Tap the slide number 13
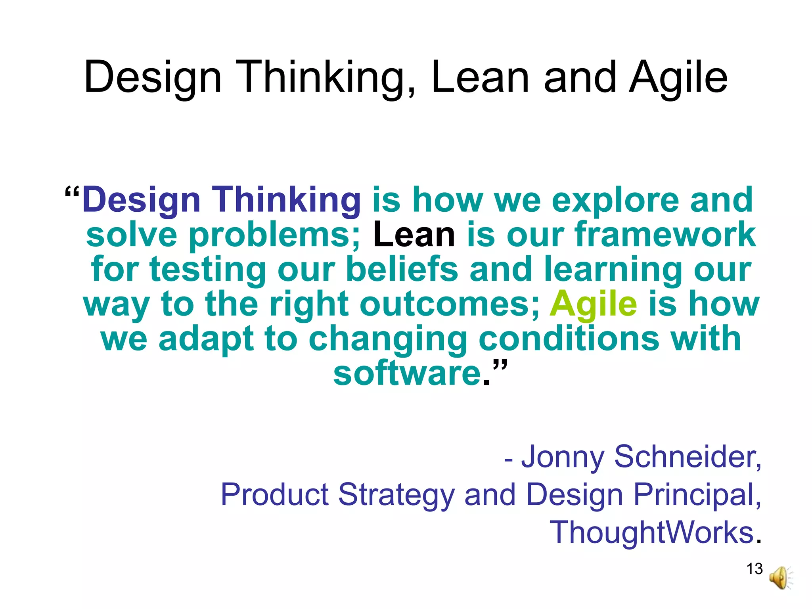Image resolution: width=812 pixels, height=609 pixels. tap(755, 569)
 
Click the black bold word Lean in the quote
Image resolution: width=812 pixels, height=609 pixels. tap(414, 235)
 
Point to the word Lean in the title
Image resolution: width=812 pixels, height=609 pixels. tap(480, 78)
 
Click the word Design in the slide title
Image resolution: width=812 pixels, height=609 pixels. tap(152, 78)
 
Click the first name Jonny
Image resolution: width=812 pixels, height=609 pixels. tap(563, 457)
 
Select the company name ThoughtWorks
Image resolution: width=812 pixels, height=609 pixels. tap(651, 532)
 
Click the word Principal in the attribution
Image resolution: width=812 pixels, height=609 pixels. tap(697, 495)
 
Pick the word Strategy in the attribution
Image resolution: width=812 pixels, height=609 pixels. tap(396, 495)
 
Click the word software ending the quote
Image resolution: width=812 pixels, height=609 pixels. tap(407, 373)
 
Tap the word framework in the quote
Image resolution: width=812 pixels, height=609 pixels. tap(665, 235)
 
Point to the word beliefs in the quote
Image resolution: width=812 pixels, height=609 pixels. tap(402, 270)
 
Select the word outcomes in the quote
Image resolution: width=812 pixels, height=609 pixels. tap(449, 304)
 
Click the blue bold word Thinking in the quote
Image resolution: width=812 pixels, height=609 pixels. tap(286, 200)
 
